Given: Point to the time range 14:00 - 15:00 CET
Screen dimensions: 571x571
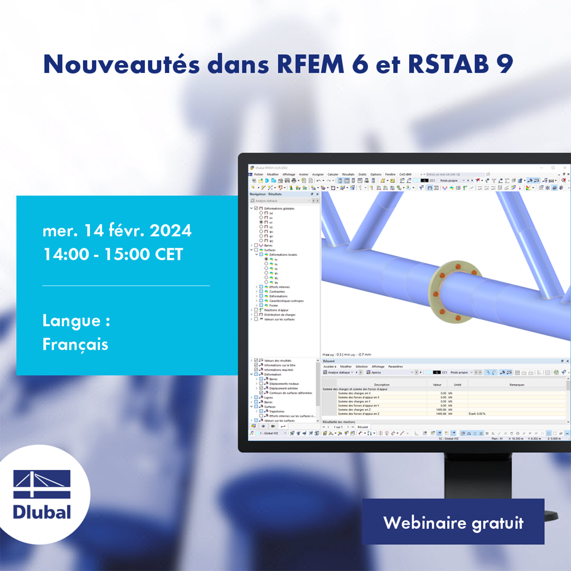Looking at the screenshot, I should click(x=113, y=254).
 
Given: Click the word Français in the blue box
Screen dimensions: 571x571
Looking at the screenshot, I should click(x=75, y=344).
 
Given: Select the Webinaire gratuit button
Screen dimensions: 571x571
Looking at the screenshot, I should click(x=453, y=523).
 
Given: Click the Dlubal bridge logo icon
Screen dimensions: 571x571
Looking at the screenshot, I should click(x=42, y=484).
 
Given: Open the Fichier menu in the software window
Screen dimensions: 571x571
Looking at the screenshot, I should click(x=258, y=174).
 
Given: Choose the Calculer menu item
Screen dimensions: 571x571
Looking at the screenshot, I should click(x=333, y=174).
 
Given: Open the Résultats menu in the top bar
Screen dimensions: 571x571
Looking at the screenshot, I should click(x=348, y=174).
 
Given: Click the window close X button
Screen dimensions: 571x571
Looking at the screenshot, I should click(x=564, y=167).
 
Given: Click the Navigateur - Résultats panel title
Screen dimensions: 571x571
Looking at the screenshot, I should click(x=267, y=194).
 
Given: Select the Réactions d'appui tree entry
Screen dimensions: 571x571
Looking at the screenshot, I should click(x=276, y=309).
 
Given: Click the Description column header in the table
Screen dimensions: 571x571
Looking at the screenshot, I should click(x=382, y=384).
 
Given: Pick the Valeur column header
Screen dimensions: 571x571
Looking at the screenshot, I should click(x=437, y=384).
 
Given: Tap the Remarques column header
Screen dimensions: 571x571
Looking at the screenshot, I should click(x=516, y=384).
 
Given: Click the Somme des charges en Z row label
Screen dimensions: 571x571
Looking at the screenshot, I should click(x=355, y=409).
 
